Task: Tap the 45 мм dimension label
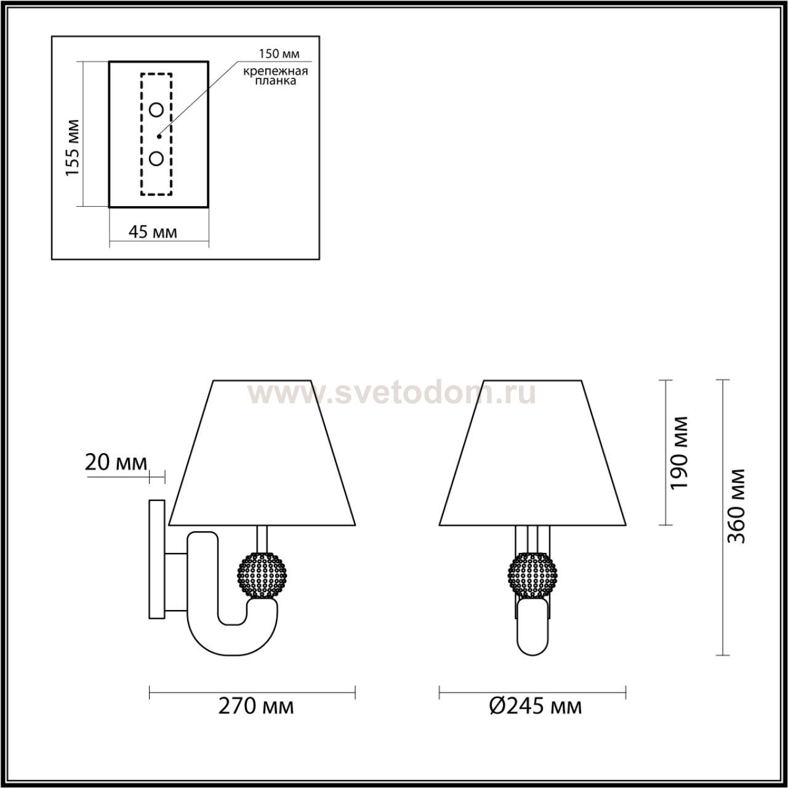(x=153, y=232)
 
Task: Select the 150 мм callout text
(x=279, y=54)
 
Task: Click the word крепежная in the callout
(x=276, y=71)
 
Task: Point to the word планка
(x=276, y=81)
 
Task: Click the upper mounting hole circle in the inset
(x=156, y=110)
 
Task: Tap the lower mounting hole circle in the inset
(x=156, y=158)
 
